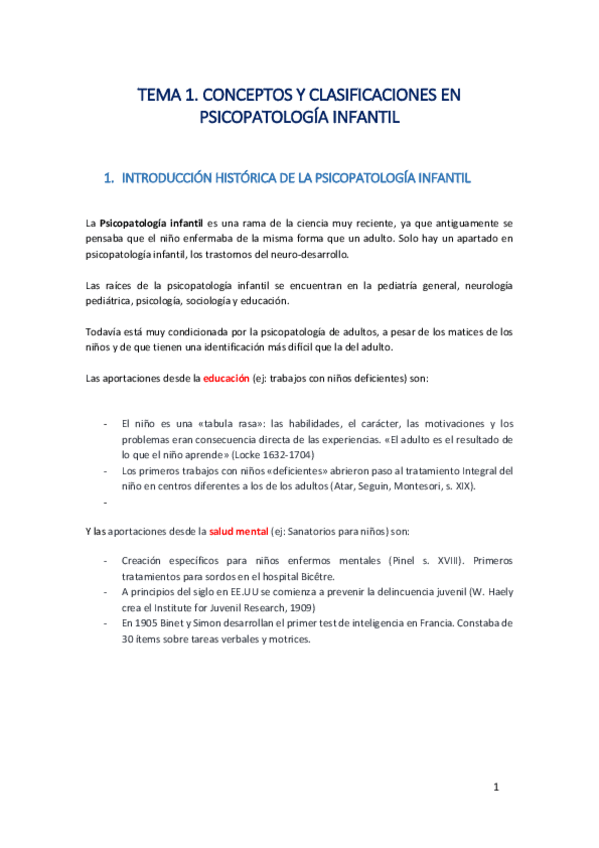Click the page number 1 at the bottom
click(496, 788)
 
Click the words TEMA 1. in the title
click(167, 96)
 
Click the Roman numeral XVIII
click(444, 561)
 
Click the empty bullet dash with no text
click(107, 502)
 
